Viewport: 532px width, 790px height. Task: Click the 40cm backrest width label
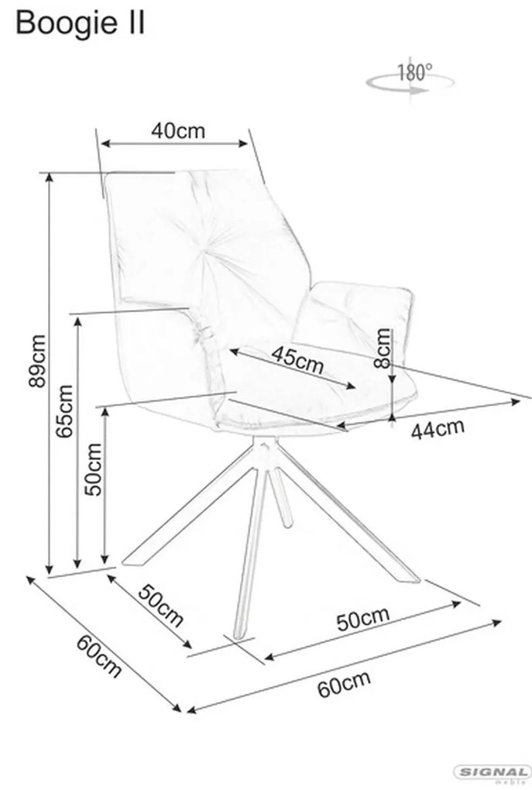(x=178, y=130)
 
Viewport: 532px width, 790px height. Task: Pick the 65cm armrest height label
(x=65, y=412)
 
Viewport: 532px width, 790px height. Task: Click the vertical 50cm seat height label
(x=94, y=469)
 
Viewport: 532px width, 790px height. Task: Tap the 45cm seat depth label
(x=297, y=361)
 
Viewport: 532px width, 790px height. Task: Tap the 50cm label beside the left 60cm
(x=161, y=604)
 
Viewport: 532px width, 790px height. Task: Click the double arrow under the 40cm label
(x=177, y=144)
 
